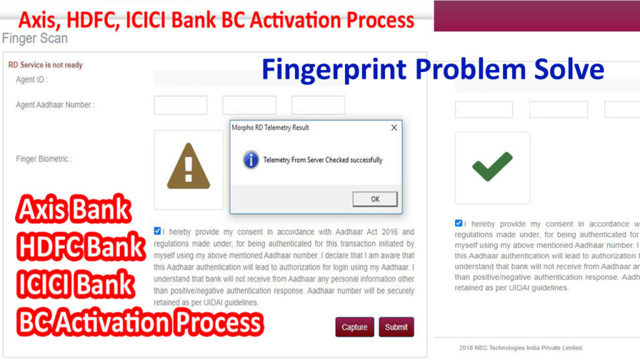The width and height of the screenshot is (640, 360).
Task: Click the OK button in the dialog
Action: (375, 199)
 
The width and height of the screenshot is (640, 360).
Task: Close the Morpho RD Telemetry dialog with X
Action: (394, 127)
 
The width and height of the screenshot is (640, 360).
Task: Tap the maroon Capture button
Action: (354, 327)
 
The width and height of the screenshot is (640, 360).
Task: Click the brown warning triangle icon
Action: (189, 166)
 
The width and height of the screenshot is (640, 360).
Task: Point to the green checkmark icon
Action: (492, 166)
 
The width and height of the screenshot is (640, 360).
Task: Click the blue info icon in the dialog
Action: (251, 159)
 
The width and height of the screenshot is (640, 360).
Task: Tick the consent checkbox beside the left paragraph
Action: (157, 231)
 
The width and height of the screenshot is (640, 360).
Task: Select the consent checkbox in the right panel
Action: (458, 223)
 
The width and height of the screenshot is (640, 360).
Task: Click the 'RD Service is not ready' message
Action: (45, 65)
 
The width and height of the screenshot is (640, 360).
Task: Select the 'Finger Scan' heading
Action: (35, 38)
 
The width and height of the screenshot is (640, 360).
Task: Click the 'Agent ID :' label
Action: (32, 79)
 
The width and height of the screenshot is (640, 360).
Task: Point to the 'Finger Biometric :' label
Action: (44, 159)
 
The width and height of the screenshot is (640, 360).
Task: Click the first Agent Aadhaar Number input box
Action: (181, 105)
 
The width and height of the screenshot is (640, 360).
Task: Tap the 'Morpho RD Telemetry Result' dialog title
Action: (270, 127)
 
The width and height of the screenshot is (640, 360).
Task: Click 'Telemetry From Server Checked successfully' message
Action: (323, 160)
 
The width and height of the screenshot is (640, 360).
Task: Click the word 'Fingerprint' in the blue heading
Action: (334, 70)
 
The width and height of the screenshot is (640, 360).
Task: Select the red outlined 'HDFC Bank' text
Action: (81, 246)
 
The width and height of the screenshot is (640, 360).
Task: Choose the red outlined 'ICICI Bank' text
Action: (76, 283)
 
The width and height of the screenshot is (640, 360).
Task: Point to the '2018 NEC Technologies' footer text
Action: (521, 347)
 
